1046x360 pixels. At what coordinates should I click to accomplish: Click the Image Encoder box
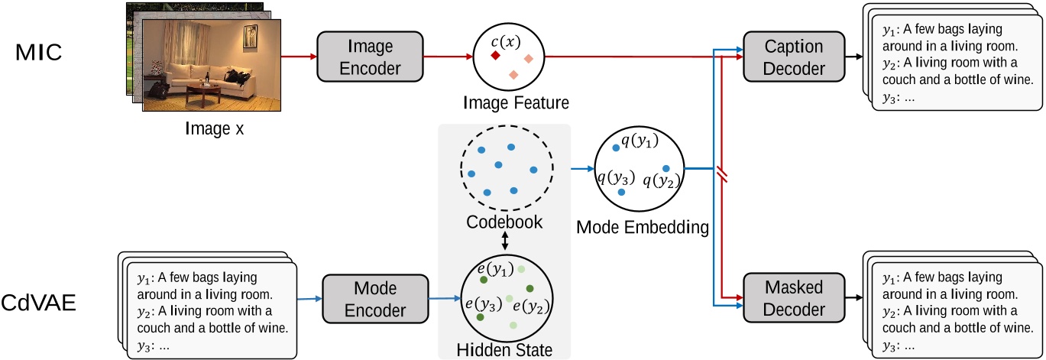coord(370,57)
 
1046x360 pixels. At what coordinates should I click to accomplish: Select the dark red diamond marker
coord(495,57)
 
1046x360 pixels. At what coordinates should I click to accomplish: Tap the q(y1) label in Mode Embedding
coord(639,139)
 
